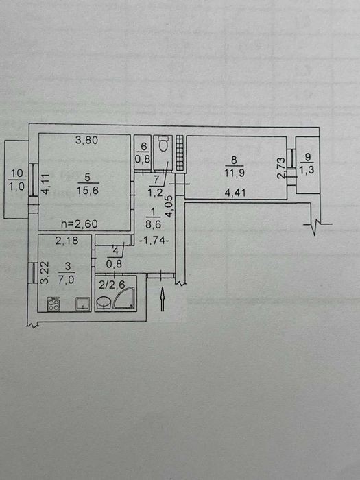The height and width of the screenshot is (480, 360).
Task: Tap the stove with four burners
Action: [x=53, y=304]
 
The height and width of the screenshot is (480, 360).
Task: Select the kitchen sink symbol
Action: [x=82, y=304]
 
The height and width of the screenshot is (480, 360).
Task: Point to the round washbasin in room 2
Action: [x=103, y=302]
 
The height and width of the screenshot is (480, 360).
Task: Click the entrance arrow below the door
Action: [x=163, y=299]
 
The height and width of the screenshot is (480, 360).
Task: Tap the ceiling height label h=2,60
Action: [x=80, y=224]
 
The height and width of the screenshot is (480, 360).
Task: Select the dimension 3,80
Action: [x=87, y=140]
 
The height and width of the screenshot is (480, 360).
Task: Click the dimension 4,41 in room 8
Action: [x=235, y=193]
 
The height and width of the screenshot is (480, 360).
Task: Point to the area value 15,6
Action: [x=87, y=191]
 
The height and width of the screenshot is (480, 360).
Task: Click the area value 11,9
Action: [x=235, y=173]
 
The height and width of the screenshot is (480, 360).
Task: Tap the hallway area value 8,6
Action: [x=154, y=224]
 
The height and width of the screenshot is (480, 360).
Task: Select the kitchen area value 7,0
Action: [x=67, y=280]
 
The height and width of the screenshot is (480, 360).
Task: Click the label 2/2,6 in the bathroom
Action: [x=112, y=285]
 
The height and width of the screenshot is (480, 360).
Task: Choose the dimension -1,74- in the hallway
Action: [x=154, y=241]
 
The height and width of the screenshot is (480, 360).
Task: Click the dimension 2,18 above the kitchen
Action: [x=67, y=241]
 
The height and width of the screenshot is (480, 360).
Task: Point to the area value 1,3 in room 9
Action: [x=308, y=170]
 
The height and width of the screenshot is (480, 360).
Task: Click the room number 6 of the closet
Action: [x=143, y=146]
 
